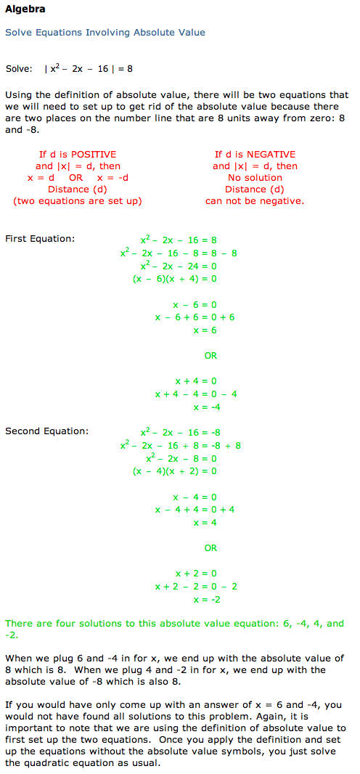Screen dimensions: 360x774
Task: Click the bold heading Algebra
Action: [25, 9]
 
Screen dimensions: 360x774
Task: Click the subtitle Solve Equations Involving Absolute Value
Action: [105, 33]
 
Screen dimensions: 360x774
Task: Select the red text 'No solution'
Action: [255, 178]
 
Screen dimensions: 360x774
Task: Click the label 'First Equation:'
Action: [40, 239]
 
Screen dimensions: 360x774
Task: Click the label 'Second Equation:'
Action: [47, 431]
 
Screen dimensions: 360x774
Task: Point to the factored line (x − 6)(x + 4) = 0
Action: [175, 278]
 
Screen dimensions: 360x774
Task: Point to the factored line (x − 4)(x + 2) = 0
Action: [175, 471]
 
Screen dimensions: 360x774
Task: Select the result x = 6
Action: [205, 330]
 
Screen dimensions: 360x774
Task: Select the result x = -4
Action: [207, 407]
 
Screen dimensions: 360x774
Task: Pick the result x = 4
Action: [205, 523]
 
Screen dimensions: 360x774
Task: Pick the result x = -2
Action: [207, 600]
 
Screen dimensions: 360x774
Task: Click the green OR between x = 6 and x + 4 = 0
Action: [210, 355]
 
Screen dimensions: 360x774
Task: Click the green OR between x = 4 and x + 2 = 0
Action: [210, 548]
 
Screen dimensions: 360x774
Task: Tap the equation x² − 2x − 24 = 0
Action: [179, 266]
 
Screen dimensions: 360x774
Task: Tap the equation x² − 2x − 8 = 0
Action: [179, 458]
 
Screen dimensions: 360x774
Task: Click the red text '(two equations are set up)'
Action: [78, 201]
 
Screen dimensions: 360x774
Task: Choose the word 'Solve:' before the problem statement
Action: [19, 68]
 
